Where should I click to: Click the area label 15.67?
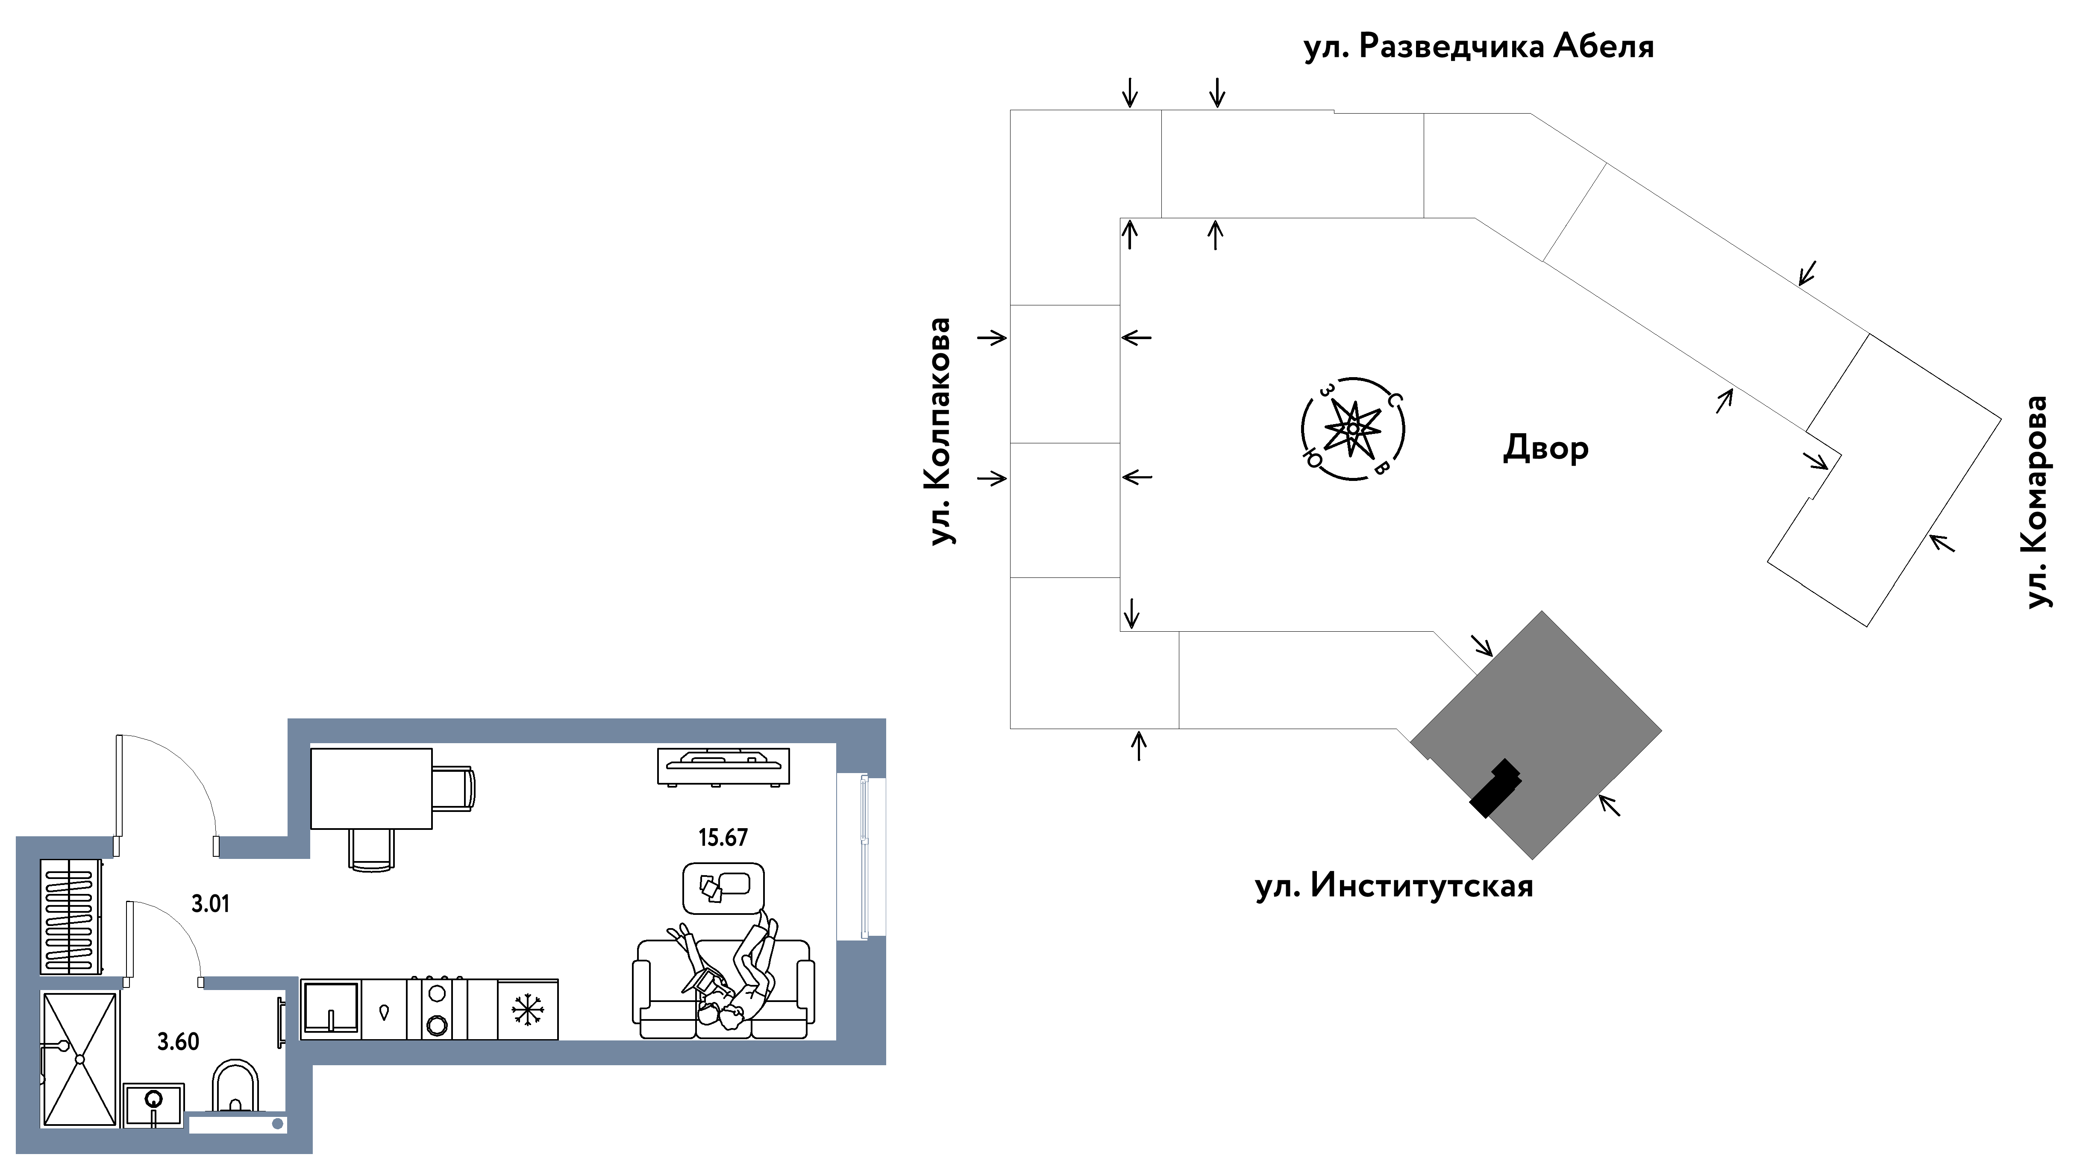pos(723,838)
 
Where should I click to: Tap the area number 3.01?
pos(210,904)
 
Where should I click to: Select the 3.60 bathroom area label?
pos(178,1041)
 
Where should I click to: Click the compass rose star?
pos(1352,428)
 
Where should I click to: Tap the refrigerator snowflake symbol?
pos(527,1010)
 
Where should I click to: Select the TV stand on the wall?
pos(723,765)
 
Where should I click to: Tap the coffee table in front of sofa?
pos(723,888)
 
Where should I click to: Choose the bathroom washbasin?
pos(154,1105)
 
